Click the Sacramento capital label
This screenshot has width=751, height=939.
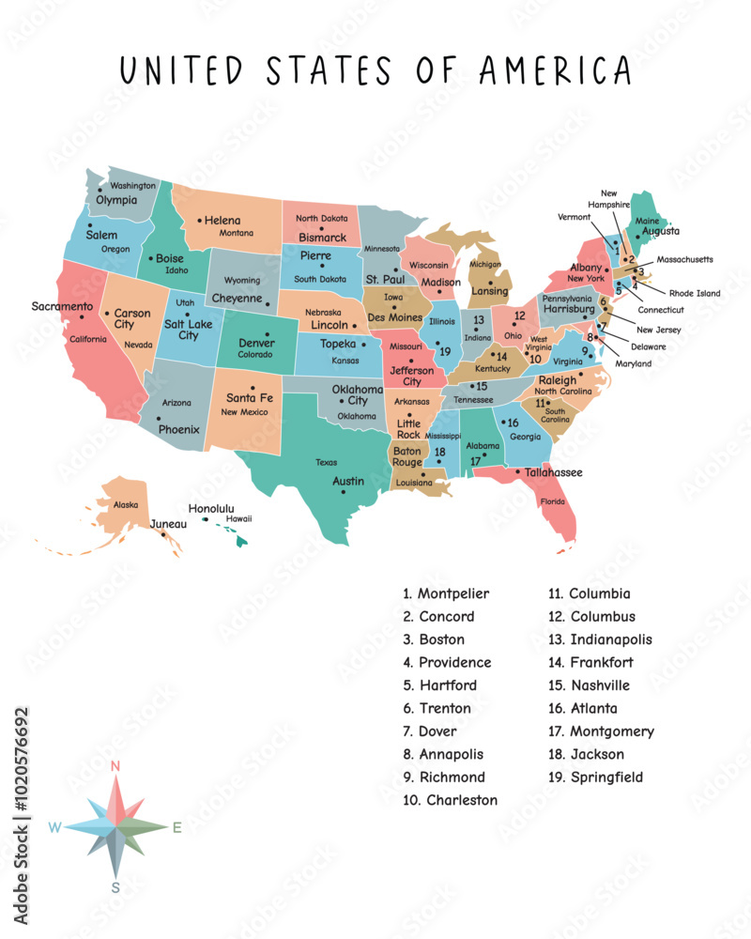tap(62, 306)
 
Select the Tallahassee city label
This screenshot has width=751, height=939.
tap(554, 472)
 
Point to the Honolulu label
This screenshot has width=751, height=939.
tap(211, 509)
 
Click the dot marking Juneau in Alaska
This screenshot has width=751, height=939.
tap(163, 535)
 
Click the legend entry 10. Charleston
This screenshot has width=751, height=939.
tap(451, 800)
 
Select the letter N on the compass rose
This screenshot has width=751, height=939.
tap(115, 765)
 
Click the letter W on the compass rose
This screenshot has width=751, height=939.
tap(55, 827)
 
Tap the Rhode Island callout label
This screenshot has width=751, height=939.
tap(695, 293)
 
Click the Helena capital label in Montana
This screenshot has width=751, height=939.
tap(222, 221)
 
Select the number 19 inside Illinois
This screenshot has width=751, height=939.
tap(445, 351)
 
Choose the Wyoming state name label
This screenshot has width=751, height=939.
tap(242, 281)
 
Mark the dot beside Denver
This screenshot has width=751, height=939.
tap(266, 333)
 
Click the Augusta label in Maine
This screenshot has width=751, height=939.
tap(661, 231)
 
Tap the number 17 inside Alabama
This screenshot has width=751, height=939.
tap(476, 461)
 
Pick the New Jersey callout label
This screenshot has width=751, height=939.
tap(658, 330)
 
